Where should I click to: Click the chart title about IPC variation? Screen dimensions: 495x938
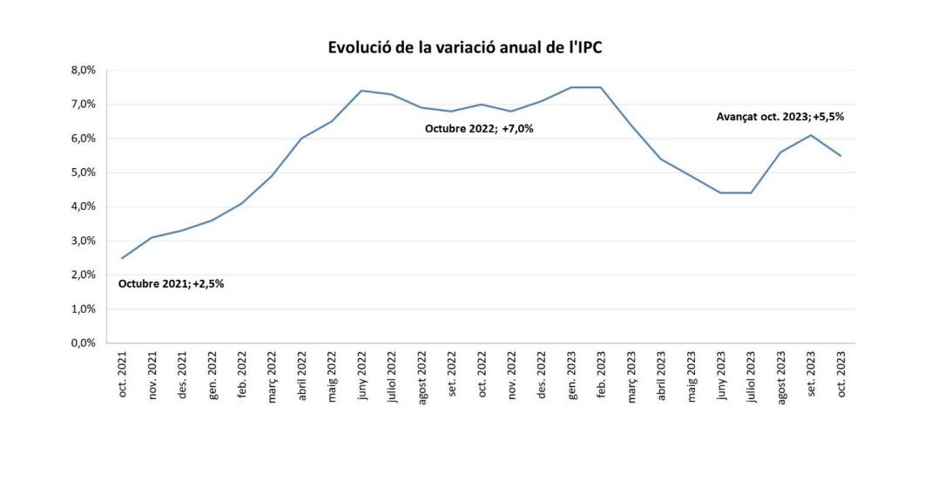(465, 48)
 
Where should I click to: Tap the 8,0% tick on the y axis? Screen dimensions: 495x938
(84, 71)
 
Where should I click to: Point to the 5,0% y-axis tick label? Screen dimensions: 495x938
(84, 173)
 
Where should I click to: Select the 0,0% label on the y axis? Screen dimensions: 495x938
(84, 343)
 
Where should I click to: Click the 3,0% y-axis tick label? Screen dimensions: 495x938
(84, 241)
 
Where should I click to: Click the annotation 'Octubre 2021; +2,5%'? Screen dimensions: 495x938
(171, 283)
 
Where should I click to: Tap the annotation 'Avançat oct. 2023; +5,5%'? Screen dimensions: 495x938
(779, 115)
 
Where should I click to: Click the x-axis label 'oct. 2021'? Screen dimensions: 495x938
(123, 376)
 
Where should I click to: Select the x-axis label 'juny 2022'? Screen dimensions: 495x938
(362, 376)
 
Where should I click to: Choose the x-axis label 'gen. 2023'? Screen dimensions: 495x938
(571, 376)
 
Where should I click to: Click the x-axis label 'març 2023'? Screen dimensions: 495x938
(631, 376)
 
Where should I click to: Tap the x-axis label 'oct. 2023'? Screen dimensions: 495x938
(840, 376)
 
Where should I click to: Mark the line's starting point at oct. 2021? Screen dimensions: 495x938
(122, 258)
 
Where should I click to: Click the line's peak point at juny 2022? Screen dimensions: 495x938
(361, 91)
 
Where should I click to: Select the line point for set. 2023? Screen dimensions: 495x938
(811, 135)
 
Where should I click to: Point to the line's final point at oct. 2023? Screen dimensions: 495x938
(840, 155)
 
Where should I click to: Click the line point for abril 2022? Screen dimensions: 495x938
(301, 139)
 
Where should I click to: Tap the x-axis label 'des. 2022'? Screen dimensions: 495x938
(542, 376)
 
